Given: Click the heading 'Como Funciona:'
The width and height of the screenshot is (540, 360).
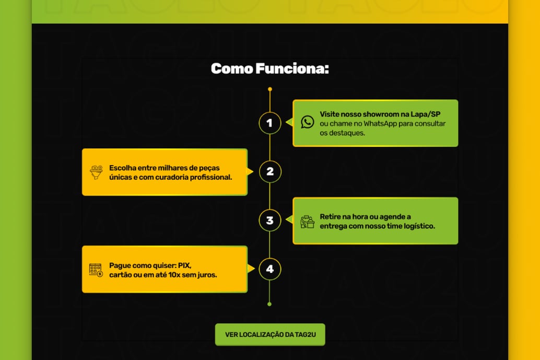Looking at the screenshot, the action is point(269,68).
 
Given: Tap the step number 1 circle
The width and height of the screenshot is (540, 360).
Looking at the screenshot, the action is point(269,123).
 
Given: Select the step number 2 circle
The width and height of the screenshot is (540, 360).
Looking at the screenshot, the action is point(269,171).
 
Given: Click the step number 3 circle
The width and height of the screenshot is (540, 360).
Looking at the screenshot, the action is point(269,220).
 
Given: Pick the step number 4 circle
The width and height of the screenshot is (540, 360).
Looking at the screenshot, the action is point(269,269).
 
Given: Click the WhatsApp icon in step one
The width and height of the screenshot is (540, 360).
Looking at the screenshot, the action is point(308,122).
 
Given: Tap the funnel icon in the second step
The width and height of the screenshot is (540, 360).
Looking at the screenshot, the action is point(96,172).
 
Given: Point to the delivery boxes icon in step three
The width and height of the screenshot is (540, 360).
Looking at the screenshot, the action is point(308,221).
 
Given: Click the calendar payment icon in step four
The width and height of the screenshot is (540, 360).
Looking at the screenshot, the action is point(96,270).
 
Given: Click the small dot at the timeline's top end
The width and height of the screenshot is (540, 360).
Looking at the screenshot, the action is point(269,89).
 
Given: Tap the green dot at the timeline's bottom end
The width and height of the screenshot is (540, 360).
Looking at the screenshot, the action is point(269,304).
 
